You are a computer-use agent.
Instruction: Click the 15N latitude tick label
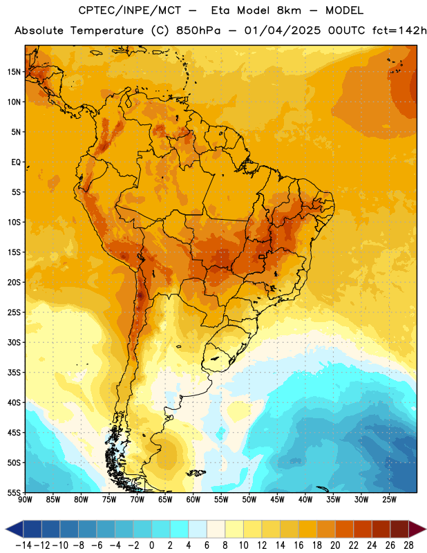(x=14, y=72)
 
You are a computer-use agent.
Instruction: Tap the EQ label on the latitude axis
(x=16, y=162)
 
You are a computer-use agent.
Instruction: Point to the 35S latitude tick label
(x=14, y=373)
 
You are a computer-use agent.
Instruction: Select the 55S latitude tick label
(x=14, y=492)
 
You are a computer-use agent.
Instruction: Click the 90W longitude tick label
(x=25, y=499)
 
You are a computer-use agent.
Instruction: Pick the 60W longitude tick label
(x=193, y=499)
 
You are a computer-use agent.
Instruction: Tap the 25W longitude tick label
(x=389, y=499)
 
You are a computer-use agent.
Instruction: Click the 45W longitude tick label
(x=277, y=499)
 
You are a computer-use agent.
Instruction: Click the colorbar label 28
(x=408, y=545)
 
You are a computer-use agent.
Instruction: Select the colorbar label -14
(x=23, y=545)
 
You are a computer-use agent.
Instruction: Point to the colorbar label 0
(x=151, y=545)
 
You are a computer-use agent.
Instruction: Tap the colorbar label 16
(x=298, y=545)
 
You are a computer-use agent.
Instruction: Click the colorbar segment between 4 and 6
(x=198, y=529)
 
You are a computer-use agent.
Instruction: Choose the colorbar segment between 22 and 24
(x=363, y=529)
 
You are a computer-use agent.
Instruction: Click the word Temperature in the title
(x=107, y=30)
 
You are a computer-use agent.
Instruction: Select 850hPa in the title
(x=198, y=30)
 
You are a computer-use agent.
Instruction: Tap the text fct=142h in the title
(x=399, y=30)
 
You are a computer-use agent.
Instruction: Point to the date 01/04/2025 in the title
(x=283, y=30)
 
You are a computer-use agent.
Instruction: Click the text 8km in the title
(x=289, y=10)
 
